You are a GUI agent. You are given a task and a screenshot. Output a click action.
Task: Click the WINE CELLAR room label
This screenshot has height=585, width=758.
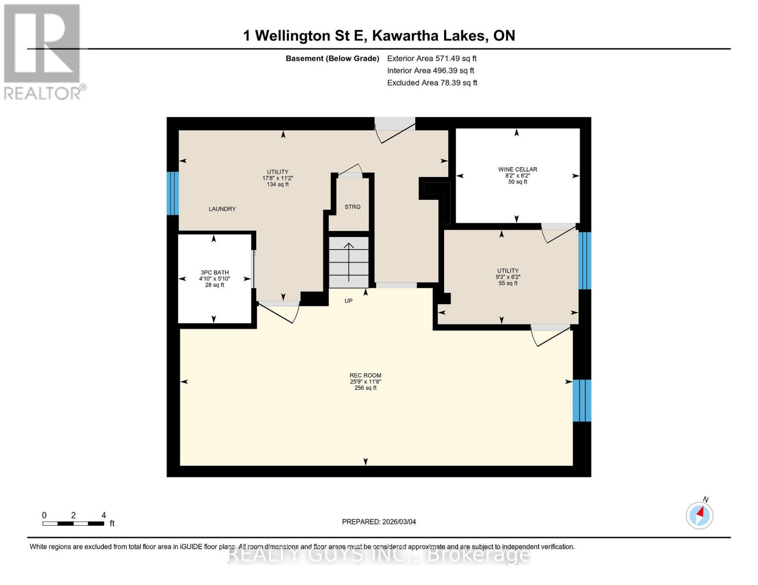point(517,169)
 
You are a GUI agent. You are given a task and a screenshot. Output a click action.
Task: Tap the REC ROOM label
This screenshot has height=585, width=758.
point(365,375)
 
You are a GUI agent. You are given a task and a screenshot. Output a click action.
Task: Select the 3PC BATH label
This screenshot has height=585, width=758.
point(214,273)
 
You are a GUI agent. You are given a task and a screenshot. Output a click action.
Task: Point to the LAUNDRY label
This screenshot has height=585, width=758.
point(222,209)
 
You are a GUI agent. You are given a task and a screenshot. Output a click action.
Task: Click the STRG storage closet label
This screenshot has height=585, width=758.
point(352,207)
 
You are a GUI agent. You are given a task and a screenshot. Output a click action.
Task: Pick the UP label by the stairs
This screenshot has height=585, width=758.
point(348,301)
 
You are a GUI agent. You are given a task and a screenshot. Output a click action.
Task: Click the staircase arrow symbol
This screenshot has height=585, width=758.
point(348,261)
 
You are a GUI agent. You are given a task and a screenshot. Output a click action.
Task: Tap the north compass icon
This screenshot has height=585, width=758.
point(699,514)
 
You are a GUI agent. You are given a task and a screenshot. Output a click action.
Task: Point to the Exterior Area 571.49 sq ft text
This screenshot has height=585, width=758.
point(431,58)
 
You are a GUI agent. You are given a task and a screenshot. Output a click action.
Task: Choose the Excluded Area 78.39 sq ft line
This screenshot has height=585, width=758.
point(432,83)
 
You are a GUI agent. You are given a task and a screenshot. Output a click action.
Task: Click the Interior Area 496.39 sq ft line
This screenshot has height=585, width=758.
point(430,71)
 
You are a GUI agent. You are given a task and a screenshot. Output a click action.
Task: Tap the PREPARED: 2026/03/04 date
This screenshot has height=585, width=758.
point(379,522)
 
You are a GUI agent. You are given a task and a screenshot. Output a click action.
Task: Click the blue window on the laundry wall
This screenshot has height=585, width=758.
point(173,193)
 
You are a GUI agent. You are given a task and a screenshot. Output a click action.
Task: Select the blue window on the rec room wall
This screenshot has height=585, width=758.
point(581,400)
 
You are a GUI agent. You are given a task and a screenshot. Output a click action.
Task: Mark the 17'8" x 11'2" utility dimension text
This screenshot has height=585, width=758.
point(277,178)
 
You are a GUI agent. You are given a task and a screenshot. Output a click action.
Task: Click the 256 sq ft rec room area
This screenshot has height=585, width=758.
point(365,388)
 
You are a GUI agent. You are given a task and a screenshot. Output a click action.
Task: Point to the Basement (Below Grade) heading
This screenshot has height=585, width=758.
point(332,58)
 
